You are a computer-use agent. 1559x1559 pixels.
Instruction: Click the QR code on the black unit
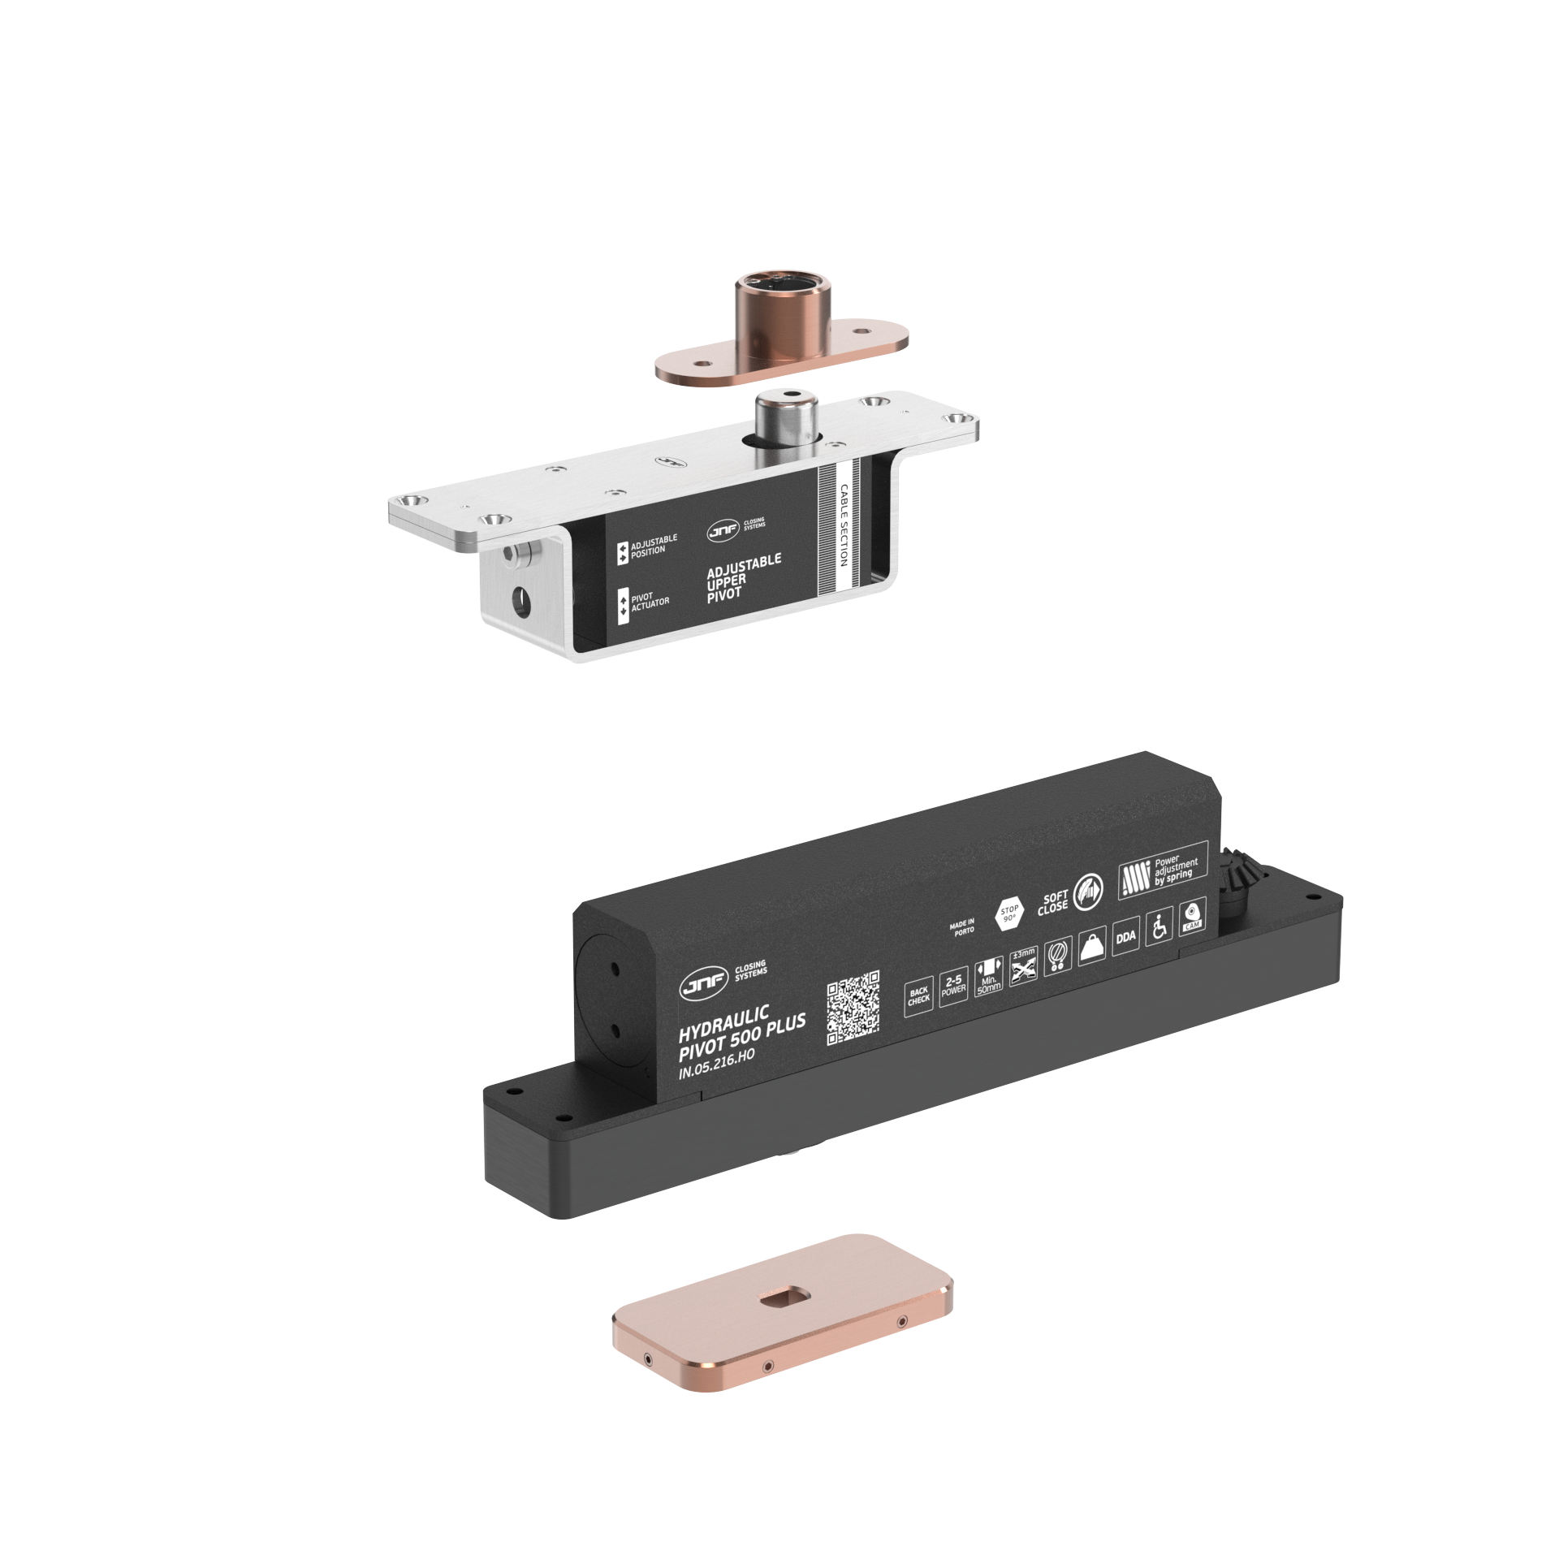tap(853, 1008)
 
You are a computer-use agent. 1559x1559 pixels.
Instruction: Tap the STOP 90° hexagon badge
tap(1009, 913)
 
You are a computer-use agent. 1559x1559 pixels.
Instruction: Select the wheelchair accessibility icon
tap(1159, 927)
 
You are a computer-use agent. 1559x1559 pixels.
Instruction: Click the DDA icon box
tap(1125, 937)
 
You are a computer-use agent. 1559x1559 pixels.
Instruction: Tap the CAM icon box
tap(1192, 916)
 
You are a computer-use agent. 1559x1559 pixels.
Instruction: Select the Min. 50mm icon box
tap(988, 976)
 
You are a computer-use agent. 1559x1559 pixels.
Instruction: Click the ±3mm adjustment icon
tap(1023, 966)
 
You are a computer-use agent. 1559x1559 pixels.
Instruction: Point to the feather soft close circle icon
tap(1088, 892)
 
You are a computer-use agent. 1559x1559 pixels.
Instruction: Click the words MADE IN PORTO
tap(962, 927)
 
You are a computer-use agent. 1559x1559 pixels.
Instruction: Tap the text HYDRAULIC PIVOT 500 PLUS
tap(741, 1034)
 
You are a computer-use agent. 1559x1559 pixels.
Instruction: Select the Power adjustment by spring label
tap(1163, 871)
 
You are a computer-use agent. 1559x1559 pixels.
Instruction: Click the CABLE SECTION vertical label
tap(844, 525)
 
